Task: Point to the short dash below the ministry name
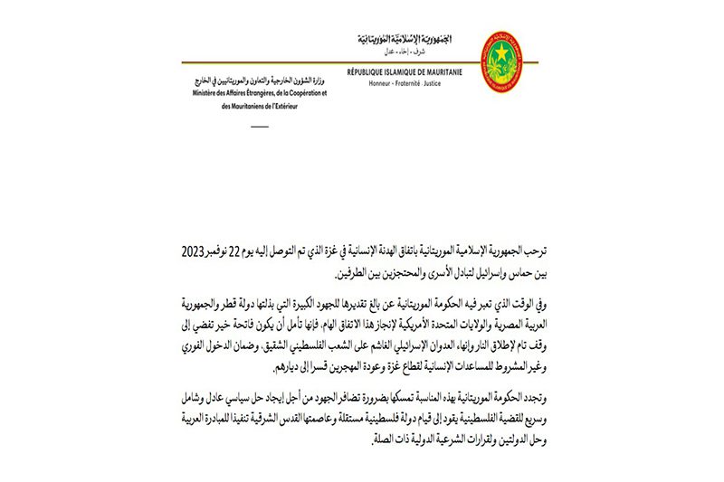260,125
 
